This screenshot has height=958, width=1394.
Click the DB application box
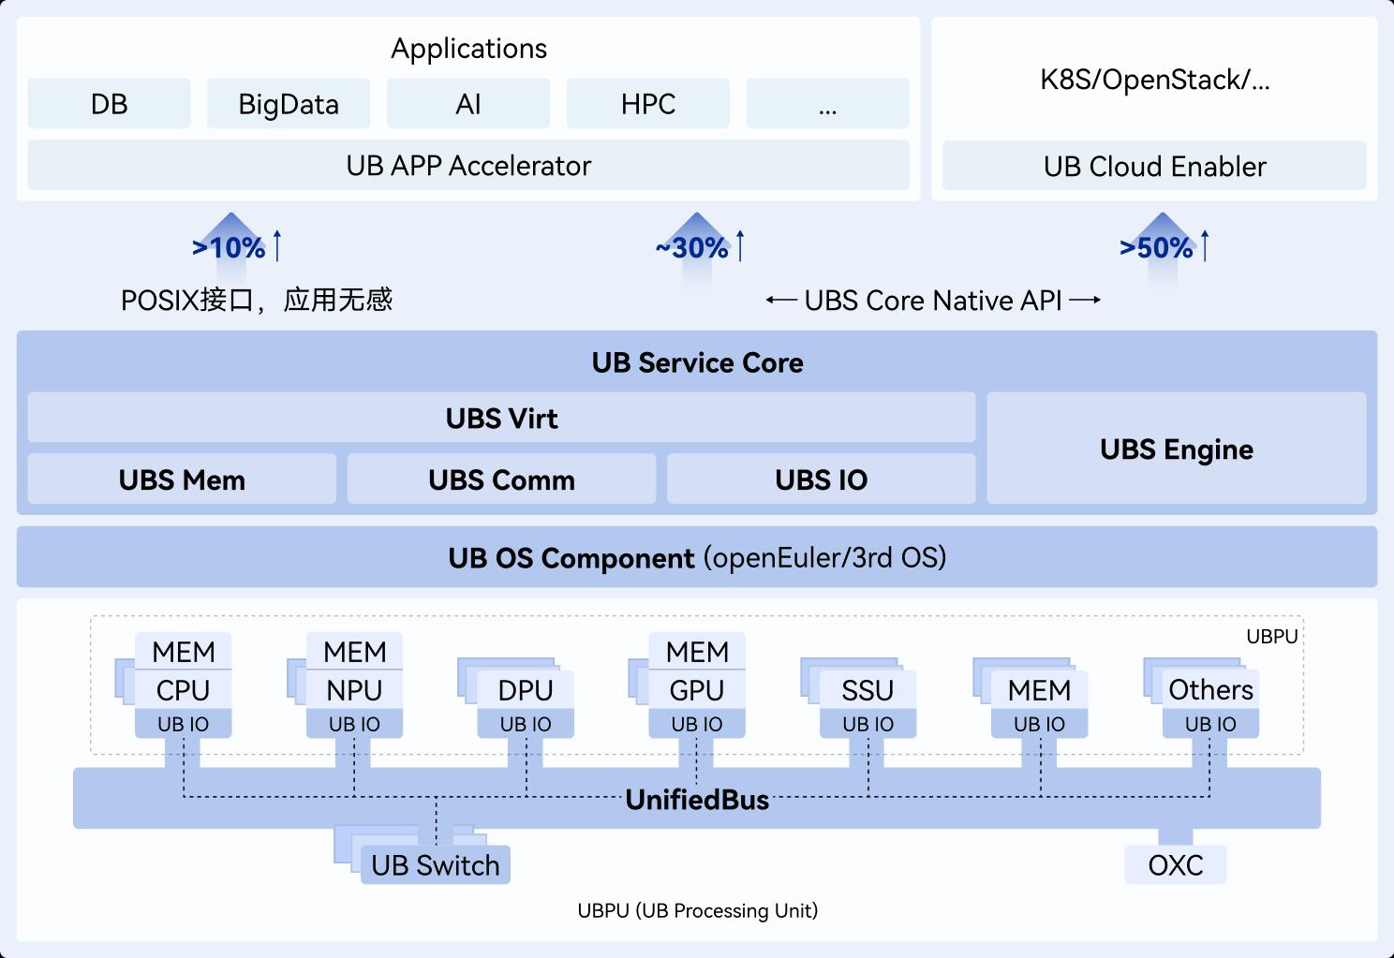click(x=109, y=104)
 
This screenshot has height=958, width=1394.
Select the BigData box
click(x=289, y=104)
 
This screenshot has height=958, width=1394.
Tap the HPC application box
click(x=647, y=104)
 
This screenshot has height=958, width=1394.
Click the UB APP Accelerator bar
click(x=468, y=166)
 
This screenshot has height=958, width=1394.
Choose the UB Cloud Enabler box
click(x=1154, y=167)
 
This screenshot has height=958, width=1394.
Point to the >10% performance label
click(x=230, y=247)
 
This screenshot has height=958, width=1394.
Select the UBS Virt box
click(x=501, y=418)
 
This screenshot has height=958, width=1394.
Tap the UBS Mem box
click(x=182, y=479)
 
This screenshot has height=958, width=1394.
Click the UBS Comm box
click(x=501, y=479)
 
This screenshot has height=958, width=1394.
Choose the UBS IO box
click(x=821, y=479)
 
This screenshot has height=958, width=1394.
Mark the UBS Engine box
click(x=1176, y=449)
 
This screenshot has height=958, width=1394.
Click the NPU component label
click(x=354, y=690)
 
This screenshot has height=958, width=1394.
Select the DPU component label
click(x=526, y=690)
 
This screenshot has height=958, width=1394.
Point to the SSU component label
click(x=868, y=690)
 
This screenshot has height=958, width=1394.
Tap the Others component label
click(x=1210, y=689)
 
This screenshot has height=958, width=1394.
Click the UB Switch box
click(x=436, y=865)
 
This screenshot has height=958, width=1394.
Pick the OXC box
click(x=1175, y=865)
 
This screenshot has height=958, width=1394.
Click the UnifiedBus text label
click(x=697, y=800)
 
